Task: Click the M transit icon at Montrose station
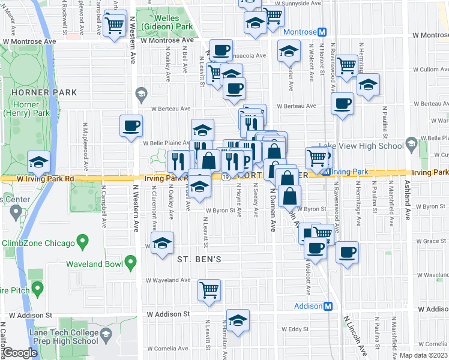pyautogui.click(x=322, y=32)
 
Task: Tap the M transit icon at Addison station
pyautogui.click(x=328, y=306)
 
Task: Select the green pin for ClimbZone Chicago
pyautogui.click(x=83, y=244)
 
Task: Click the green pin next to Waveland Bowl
pyautogui.click(x=130, y=263)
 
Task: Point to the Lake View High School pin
pyautogui.click(x=411, y=145)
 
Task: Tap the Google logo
pyautogui.click(x=20, y=353)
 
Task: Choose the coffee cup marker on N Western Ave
pyautogui.click(x=131, y=125)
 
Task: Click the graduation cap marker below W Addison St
pyautogui.click(x=238, y=320)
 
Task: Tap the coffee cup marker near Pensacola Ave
pyautogui.click(x=221, y=49)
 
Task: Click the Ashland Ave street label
pyautogui.click(x=408, y=200)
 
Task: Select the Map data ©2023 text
pyautogui.click(x=424, y=355)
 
